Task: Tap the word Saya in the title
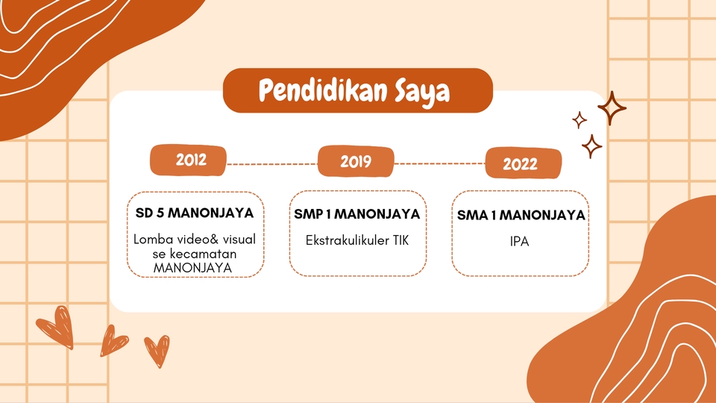[x=422, y=92]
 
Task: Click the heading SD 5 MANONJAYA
[x=194, y=213]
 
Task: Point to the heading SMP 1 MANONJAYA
[x=357, y=214]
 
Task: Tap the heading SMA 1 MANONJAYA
[x=521, y=216]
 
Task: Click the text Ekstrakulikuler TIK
[x=357, y=240]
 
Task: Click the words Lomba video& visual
[x=194, y=240]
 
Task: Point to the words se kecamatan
[x=194, y=254]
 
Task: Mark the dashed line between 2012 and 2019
[x=272, y=163]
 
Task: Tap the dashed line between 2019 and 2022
[x=439, y=163]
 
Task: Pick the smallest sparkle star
[x=579, y=119]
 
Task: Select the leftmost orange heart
[x=55, y=327]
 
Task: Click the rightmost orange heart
[x=157, y=349]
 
